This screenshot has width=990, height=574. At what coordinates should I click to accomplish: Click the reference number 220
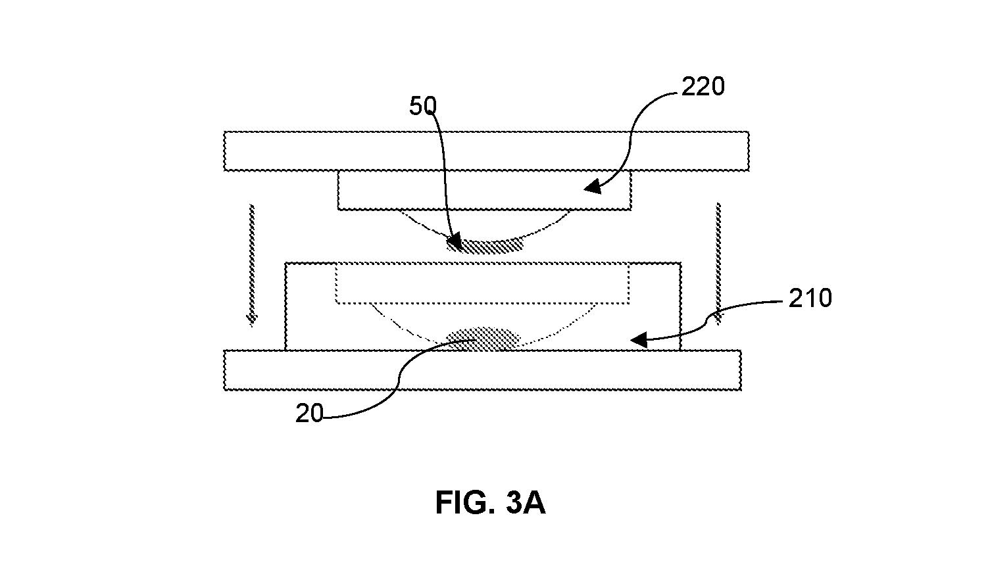tap(703, 87)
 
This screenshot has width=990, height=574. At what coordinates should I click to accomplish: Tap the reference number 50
tap(423, 106)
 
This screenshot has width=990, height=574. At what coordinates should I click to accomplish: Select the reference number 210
tap(810, 299)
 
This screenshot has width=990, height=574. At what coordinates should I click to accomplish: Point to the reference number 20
tap(309, 414)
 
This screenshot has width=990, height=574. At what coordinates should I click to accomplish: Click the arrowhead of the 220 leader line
tap(593, 187)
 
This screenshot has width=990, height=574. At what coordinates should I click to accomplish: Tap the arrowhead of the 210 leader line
tap(639, 340)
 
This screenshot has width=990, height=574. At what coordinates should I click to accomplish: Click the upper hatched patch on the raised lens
tap(485, 245)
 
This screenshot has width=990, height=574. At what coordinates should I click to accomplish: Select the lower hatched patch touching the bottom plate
tap(483, 339)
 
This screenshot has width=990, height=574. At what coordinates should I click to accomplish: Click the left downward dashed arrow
tap(252, 265)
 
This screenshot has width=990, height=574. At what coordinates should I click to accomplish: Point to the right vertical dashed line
tap(718, 264)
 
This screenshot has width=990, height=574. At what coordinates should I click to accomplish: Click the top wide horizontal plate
tap(486, 151)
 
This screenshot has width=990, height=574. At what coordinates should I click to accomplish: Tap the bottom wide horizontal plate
tap(482, 370)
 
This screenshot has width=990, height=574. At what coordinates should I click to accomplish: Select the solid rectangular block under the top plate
tap(484, 190)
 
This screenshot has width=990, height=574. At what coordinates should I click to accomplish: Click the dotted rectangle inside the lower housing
tap(482, 283)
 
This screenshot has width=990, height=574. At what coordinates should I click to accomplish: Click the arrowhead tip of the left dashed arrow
tap(252, 327)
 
